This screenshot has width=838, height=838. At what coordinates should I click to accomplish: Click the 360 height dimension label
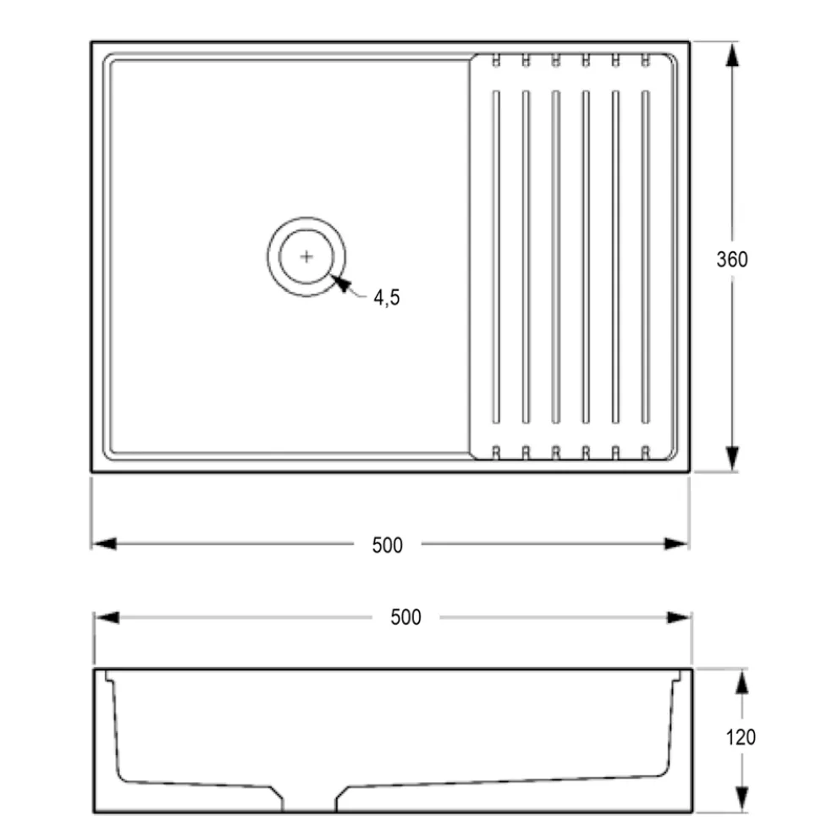731,259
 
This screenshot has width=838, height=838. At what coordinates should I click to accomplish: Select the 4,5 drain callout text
386,298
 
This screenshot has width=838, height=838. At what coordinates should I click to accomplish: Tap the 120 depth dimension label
740,737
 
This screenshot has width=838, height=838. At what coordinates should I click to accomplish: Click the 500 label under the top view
388,545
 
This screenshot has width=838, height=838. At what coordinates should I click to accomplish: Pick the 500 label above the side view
405,617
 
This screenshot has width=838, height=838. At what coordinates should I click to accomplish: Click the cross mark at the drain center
306,257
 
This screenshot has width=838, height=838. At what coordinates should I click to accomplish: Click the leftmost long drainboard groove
496,257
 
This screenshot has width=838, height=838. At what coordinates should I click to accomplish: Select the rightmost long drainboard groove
646,257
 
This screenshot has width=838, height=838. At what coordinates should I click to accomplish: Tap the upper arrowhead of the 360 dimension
732,54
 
